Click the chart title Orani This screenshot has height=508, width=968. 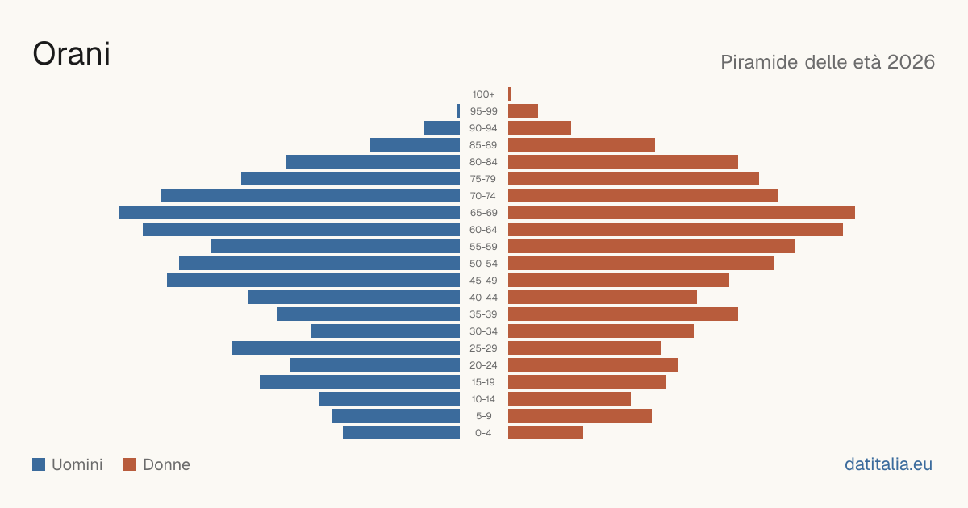point(71,54)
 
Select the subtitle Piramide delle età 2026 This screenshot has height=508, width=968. point(828,62)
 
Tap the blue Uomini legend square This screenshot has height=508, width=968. point(39,464)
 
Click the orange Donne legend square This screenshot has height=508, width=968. point(130,464)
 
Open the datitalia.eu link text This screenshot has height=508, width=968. point(888,464)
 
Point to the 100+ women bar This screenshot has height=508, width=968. point(510,94)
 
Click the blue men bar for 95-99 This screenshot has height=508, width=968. point(458,111)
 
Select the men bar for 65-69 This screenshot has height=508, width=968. point(289,213)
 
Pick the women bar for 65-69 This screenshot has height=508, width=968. point(682,213)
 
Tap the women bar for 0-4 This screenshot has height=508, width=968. point(545,433)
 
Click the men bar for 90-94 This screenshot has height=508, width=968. point(442,128)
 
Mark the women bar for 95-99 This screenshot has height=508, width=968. point(523,111)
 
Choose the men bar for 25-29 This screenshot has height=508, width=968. point(346,348)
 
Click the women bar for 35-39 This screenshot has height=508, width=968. point(623,314)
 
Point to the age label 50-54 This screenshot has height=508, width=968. point(483,264)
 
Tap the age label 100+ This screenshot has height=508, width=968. point(483,94)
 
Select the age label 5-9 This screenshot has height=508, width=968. point(483,416)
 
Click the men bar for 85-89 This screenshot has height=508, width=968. point(415,144)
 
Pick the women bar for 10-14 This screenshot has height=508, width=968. point(570,398)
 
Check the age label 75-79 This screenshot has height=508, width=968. point(483,179)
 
